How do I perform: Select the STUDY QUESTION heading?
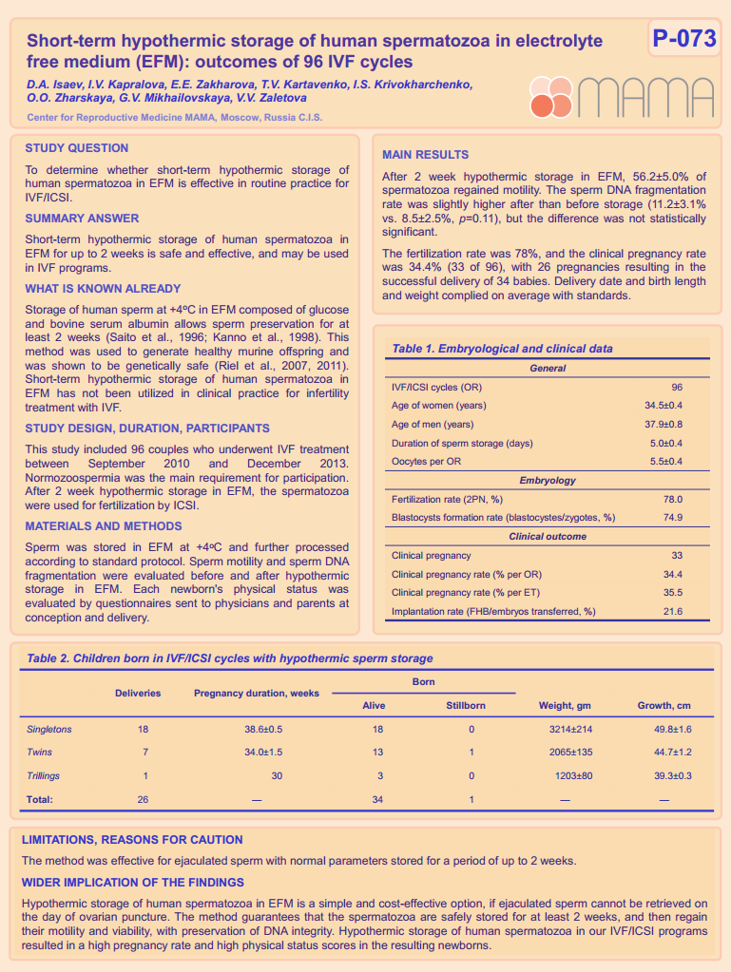(77, 148)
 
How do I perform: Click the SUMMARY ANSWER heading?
(82, 219)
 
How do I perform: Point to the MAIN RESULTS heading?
(425, 155)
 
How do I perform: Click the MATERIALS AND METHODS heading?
(104, 526)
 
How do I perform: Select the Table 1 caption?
(502, 349)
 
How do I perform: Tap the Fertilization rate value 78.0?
(672, 499)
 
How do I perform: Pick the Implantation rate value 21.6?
(672, 611)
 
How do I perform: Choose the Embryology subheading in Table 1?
(547, 480)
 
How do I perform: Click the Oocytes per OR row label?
(427, 461)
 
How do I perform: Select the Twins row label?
(40, 753)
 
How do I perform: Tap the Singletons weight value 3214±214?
(571, 729)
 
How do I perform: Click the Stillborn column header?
(466, 706)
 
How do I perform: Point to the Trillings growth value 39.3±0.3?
(672, 775)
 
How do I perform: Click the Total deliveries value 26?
(143, 799)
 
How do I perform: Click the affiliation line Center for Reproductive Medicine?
(175, 118)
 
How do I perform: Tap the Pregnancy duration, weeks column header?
(257, 694)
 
